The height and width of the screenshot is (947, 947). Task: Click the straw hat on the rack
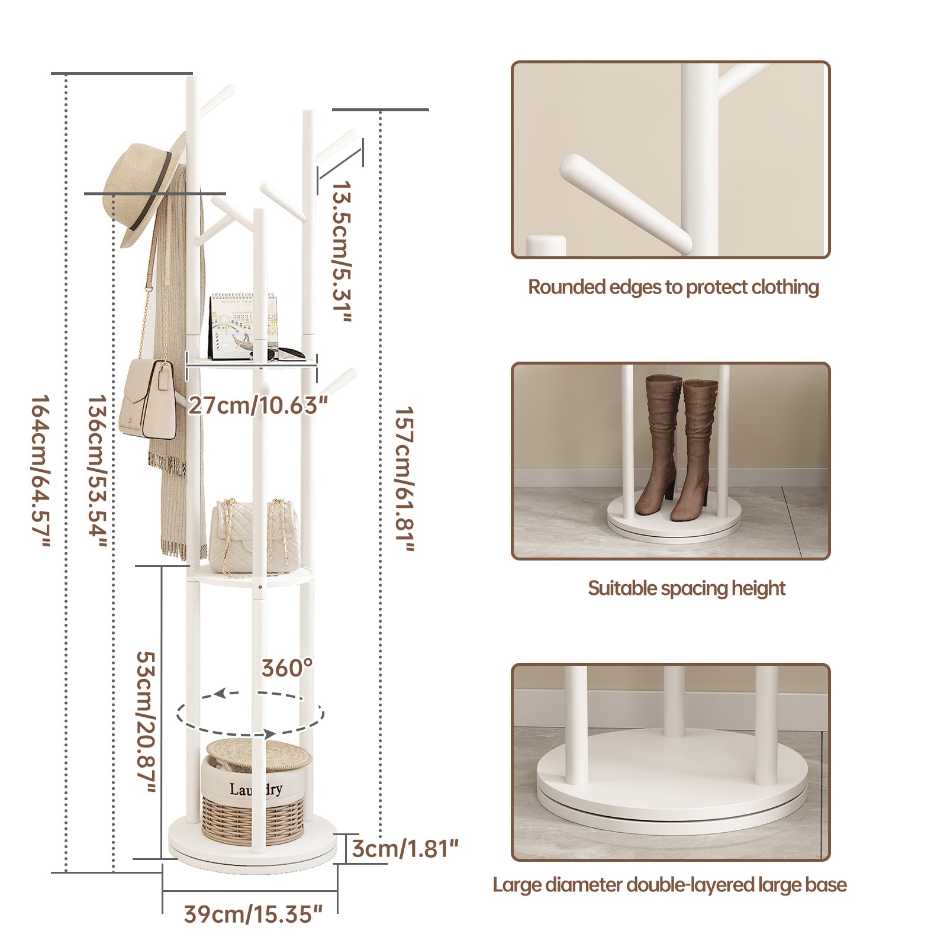142,189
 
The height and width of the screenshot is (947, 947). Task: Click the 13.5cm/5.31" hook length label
342,252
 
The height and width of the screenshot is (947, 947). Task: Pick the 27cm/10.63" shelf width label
257,406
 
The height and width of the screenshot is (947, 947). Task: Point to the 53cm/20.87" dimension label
146,722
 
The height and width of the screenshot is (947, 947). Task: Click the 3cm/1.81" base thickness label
405,848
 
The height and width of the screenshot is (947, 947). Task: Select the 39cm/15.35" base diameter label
253,914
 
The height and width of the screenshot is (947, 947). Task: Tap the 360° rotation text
287,668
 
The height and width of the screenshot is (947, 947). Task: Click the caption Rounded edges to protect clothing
673,287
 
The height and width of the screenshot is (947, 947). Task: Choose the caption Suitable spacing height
687,588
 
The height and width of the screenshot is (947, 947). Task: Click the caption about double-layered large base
669,885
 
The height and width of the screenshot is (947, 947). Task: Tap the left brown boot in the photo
659,444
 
